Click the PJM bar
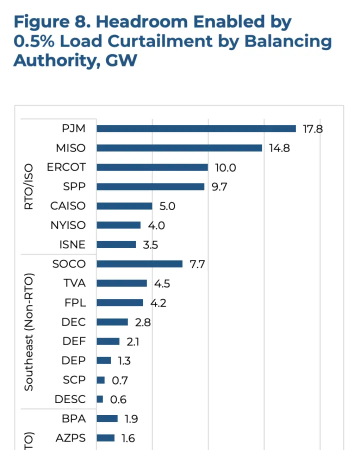(196, 128)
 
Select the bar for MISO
(179, 148)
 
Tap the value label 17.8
(313, 129)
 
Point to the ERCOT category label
(66, 167)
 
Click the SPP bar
(150, 186)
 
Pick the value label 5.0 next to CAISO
(167, 206)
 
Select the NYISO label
(68, 225)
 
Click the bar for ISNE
(116, 244)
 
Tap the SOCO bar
(139, 264)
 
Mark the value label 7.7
(197, 264)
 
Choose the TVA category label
(74, 283)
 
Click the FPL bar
(119, 302)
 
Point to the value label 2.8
(143, 322)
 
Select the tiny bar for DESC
(99, 399)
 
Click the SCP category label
(74, 380)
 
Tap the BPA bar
(107, 418)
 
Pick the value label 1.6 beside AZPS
(128, 438)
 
